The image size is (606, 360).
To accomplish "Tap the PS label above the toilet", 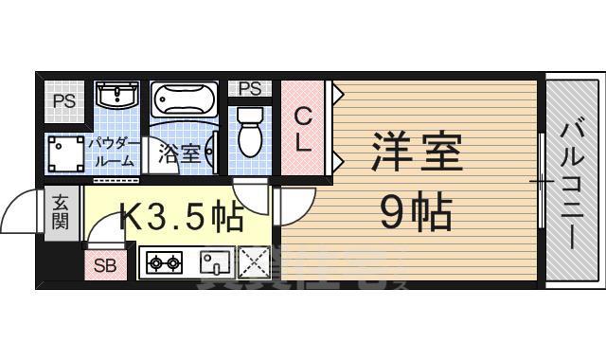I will [250, 89].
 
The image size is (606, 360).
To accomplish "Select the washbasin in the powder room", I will [118, 98].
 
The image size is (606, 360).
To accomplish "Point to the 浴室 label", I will [178, 153].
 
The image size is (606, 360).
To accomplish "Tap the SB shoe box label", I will [104, 266].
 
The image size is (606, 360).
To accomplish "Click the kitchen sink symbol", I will [214, 261].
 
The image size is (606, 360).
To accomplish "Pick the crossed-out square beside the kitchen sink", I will [253, 261].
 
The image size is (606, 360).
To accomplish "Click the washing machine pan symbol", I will [65, 153].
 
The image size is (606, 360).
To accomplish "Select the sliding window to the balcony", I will [542, 180].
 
